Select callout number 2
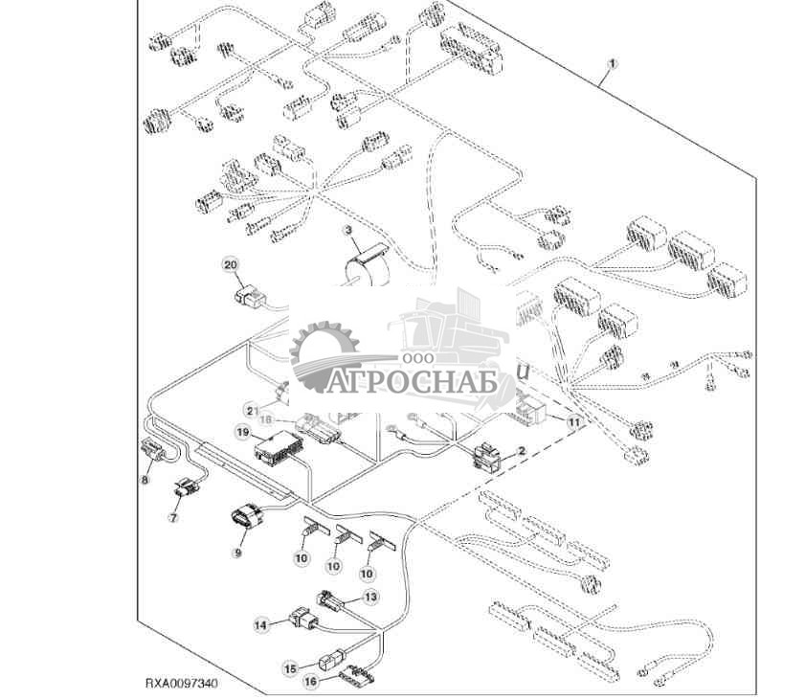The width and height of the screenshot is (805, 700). pos(521,449)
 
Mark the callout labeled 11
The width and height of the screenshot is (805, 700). pos(574,421)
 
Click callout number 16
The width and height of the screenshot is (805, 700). pos(310,681)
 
